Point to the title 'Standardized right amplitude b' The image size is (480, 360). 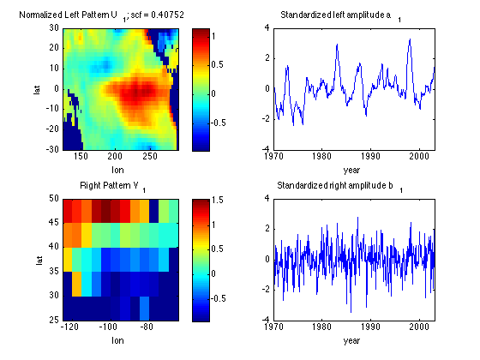click(x=339, y=186)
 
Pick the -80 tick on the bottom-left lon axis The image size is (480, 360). click(x=147, y=327)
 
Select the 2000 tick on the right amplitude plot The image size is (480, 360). click(x=418, y=327)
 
